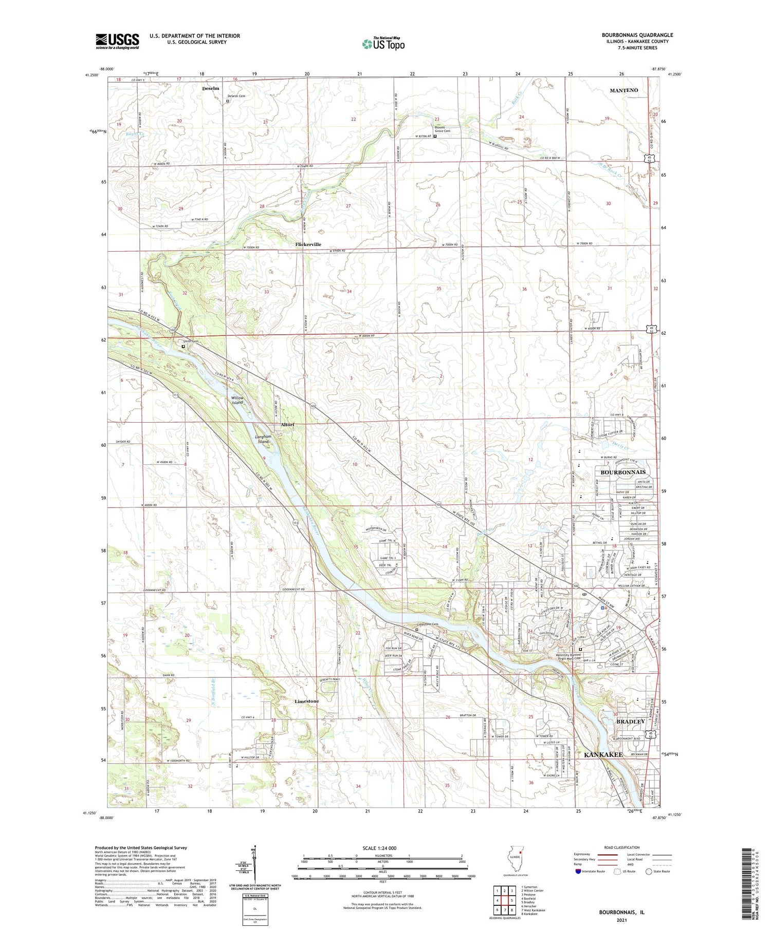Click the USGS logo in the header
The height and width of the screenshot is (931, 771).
point(117,41)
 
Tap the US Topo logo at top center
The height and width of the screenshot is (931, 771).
point(383,44)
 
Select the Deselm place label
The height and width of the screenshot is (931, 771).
point(210,88)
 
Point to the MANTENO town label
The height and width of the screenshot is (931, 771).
point(623,90)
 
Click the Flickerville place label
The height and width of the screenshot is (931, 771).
point(308,244)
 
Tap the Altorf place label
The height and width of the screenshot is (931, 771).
point(287,425)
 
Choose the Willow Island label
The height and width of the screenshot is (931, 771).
point(237,400)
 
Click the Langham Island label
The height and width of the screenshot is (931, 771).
point(263,439)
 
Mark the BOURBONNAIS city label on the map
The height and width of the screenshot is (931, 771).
point(622,472)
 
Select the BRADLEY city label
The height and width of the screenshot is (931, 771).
point(630,721)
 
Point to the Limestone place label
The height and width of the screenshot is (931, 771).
point(306,701)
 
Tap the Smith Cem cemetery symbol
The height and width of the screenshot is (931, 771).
point(183,347)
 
